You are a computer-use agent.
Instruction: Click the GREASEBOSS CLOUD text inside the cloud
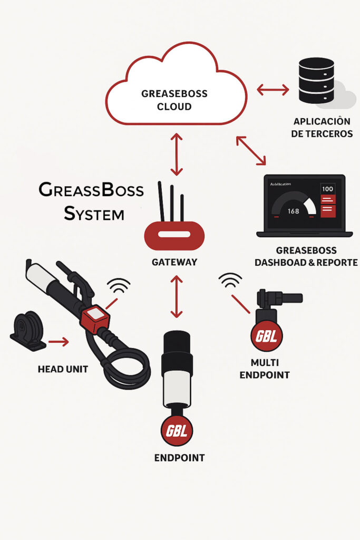point(174,100)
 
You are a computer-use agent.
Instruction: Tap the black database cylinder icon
point(316,80)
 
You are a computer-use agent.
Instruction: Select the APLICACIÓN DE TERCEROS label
point(322,128)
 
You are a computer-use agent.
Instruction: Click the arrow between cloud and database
point(273,90)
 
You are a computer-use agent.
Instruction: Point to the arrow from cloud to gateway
point(177,154)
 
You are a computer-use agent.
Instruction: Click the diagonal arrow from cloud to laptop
point(251,150)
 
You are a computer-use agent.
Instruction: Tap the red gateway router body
point(174,234)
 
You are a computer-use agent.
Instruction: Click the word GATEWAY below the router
point(174,262)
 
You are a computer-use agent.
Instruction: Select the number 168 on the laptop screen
point(293,211)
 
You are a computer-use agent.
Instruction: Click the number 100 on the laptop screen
point(327,189)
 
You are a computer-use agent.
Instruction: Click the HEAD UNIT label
point(63,369)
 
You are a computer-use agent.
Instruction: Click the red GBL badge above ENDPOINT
point(177,430)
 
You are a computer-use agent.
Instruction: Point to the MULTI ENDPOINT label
point(265,369)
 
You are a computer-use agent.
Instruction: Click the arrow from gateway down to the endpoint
point(177,295)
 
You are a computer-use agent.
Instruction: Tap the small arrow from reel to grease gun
point(58,342)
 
